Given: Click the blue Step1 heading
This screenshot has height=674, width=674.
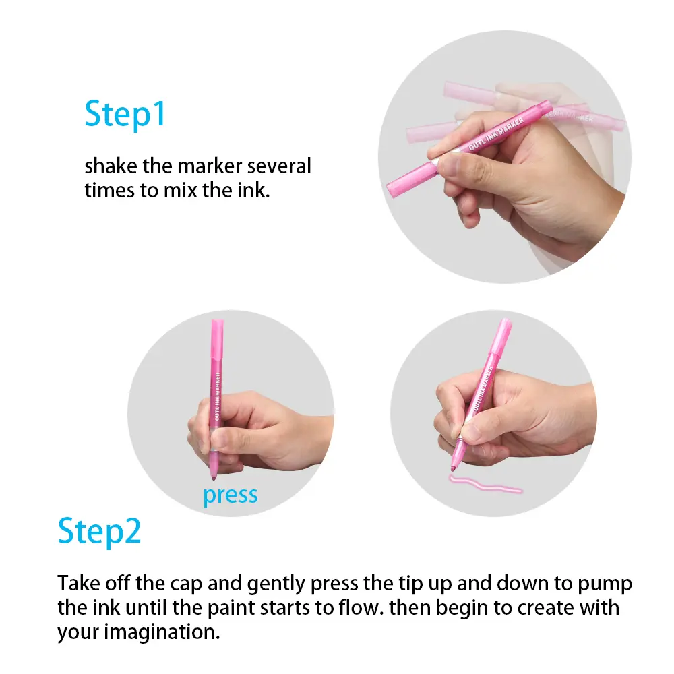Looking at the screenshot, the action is point(125,115).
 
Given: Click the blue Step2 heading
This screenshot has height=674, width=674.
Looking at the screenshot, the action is point(99,532).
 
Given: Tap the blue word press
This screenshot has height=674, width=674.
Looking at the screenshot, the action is point(231,495).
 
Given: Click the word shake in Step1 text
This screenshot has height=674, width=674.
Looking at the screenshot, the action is point(111,166).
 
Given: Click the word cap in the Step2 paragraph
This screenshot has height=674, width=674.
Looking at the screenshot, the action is point(186,584).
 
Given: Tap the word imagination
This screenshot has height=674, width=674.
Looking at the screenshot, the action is point(162,632).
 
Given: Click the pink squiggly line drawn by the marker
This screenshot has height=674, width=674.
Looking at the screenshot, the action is point(485,484).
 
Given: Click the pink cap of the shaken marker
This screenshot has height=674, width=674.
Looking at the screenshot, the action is point(411,180).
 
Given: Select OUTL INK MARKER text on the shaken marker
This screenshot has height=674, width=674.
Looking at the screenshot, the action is point(497,133).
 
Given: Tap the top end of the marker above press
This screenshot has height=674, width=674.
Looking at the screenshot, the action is point(217,321).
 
